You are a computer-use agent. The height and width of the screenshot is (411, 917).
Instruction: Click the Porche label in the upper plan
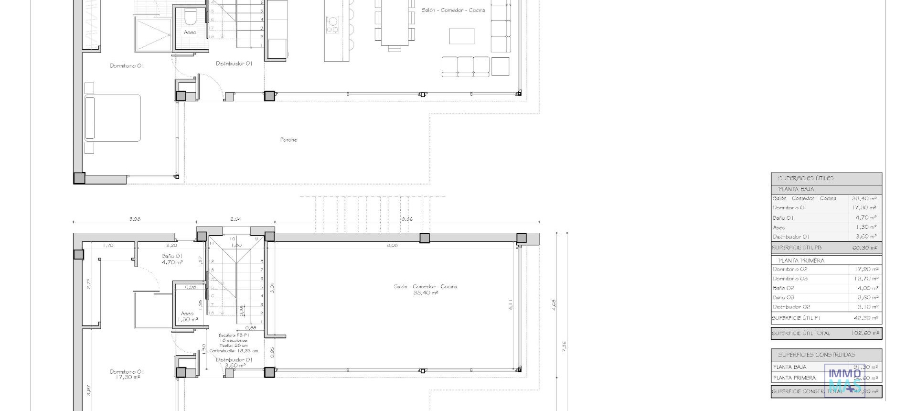[x=288, y=140]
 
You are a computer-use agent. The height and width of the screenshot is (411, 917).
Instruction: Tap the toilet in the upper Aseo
[x=190, y=18]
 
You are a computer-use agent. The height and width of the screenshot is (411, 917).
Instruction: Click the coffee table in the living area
[x=461, y=36]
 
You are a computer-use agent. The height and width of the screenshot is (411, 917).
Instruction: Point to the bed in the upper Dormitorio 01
[x=113, y=118]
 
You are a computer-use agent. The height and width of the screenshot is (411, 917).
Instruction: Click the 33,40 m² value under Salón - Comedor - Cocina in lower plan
[x=426, y=293]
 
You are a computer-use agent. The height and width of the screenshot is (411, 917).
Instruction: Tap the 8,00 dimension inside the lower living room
[x=392, y=246]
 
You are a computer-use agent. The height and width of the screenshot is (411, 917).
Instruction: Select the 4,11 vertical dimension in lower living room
[x=510, y=305]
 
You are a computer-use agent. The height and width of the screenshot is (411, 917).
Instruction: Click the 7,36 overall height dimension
[x=565, y=346]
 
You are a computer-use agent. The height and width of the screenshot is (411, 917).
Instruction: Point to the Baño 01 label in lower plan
[x=172, y=256]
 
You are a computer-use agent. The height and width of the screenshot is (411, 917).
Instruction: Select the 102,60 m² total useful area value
[x=865, y=333]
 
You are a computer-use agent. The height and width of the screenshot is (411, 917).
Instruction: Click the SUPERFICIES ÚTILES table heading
[x=806, y=178]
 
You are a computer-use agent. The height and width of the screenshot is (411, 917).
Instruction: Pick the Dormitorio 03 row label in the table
[x=790, y=279]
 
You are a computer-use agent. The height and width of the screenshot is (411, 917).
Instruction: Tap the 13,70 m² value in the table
[x=866, y=279]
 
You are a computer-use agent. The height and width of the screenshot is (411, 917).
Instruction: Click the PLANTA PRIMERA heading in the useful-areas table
[x=801, y=260]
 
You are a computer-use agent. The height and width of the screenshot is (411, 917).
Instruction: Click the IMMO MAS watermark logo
[x=844, y=380]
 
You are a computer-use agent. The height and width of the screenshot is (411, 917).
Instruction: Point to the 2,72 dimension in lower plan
[x=89, y=283]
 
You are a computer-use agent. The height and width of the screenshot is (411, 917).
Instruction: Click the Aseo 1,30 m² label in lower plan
[x=187, y=316]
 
